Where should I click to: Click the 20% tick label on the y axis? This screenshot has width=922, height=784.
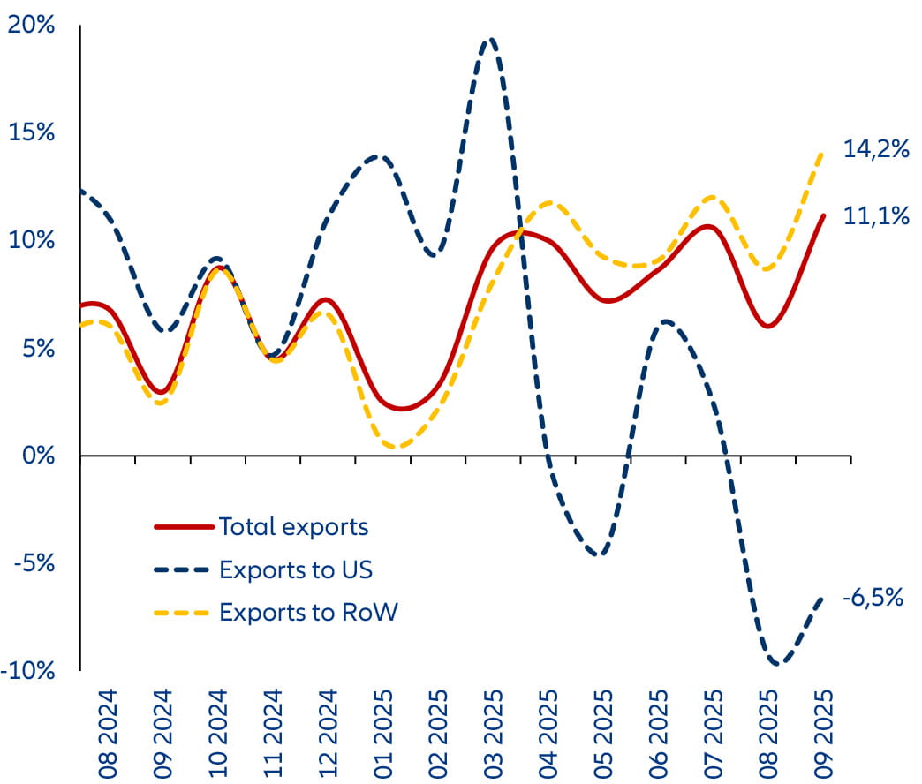pos(31,25)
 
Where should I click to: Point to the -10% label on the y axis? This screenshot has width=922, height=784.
pos(29,671)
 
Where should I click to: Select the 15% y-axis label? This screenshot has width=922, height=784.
pos(31,132)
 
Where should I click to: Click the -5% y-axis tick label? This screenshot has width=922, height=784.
pos(34,563)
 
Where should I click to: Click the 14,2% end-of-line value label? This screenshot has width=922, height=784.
pos(875,149)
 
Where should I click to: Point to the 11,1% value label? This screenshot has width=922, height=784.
pos(875,215)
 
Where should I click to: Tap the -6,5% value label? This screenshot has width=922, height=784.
pos(873,598)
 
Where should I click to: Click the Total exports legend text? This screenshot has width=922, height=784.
pos(293,527)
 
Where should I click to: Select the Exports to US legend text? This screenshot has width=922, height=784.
pos(296,569)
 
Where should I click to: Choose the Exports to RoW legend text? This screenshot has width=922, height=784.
pos(309,612)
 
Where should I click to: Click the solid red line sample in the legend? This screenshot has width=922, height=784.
pos(184,527)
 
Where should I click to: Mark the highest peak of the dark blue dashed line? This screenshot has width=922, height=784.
pos(490,39)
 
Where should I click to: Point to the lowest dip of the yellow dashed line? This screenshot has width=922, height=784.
pos(396,447)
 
